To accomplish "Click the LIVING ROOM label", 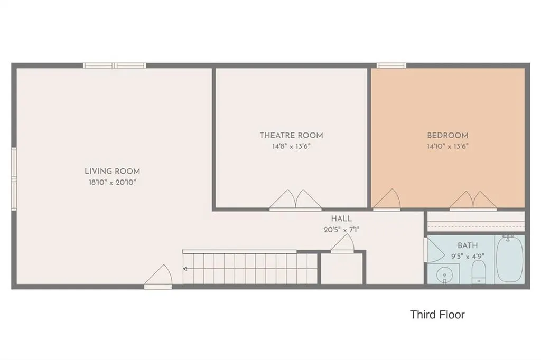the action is point(113,171).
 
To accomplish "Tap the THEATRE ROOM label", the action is point(292,135).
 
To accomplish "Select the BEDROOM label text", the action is point(447,135).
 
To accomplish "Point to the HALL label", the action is point(342,219).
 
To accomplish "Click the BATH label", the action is point(468,245).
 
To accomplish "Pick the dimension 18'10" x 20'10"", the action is point(113,183).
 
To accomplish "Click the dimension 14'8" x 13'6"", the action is point(291,146).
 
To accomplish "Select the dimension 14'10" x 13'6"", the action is point(447,146).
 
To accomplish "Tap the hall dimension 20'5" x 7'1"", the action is point(342,230).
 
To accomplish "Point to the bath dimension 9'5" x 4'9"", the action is point(468,256).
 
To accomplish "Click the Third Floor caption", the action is point(437,315).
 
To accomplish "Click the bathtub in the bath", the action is point(509,259).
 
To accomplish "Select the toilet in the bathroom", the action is point(479,272).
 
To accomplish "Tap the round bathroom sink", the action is point(444,275).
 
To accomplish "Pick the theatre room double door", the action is point(295,200).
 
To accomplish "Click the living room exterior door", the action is point(158,277).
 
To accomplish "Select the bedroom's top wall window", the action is point(391,65).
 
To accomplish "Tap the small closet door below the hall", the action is point(342,243).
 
